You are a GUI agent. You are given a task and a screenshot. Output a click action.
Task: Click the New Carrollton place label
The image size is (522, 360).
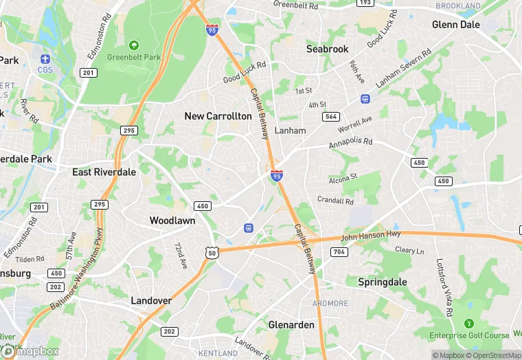pos(218,116)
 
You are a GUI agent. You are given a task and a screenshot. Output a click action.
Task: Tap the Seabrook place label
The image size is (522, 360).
pos(327,49)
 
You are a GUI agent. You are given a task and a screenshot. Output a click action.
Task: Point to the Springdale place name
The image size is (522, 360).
pos(382,282)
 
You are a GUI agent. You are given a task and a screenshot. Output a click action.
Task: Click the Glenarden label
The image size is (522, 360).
pos(291,324)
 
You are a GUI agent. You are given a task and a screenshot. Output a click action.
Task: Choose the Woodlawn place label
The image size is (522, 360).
pos(172,221)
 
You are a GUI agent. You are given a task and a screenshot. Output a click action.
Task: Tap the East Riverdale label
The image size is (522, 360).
pos(104,172)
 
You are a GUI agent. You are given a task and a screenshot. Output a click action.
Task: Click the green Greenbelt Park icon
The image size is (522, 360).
pos(132,45)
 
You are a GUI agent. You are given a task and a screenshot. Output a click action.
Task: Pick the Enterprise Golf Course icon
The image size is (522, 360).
pos(469,323)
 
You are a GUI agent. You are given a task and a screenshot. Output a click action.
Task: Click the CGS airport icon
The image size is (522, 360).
pos(45,58)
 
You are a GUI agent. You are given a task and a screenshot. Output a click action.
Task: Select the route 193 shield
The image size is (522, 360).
pos(365,3)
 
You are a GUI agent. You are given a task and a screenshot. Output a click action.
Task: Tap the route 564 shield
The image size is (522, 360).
pos(332,117)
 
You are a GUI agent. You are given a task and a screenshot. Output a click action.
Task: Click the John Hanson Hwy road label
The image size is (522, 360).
pos(371,237)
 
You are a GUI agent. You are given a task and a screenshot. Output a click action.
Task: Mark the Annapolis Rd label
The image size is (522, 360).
pos(350,144)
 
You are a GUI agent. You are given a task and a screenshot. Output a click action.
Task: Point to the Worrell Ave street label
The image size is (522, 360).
pos(354,124)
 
